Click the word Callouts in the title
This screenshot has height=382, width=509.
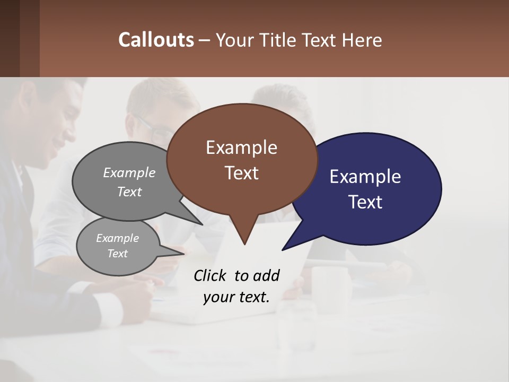click(156, 40)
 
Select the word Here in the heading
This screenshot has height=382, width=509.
click(363, 40)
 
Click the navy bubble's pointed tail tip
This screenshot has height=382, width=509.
click(283, 249)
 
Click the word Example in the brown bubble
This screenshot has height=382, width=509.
click(241, 147)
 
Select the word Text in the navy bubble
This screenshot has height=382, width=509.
click(365, 202)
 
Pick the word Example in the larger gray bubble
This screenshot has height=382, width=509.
click(129, 173)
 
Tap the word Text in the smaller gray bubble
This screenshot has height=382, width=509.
click(118, 254)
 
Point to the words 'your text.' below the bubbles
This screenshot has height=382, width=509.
click(236, 297)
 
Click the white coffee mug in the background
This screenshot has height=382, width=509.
click(329, 289)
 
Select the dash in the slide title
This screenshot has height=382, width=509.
click(205, 40)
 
